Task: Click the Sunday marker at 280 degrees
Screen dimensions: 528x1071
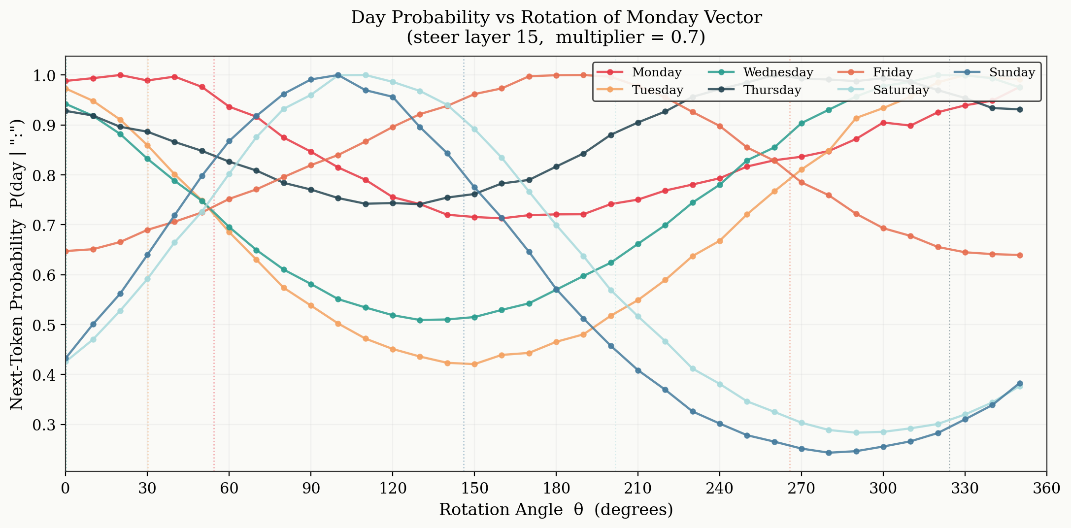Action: [x=829, y=453]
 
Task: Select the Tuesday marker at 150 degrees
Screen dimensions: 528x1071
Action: [x=474, y=364]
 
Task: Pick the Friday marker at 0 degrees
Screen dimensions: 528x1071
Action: [x=66, y=251]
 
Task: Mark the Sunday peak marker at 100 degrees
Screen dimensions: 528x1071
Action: [x=338, y=75]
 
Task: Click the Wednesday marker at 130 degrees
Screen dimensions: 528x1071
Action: [x=420, y=320]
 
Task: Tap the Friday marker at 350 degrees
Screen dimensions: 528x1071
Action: [x=1020, y=255]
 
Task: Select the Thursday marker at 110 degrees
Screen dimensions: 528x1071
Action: [x=366, y=204]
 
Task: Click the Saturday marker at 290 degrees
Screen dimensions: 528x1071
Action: [x=856, y=433]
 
